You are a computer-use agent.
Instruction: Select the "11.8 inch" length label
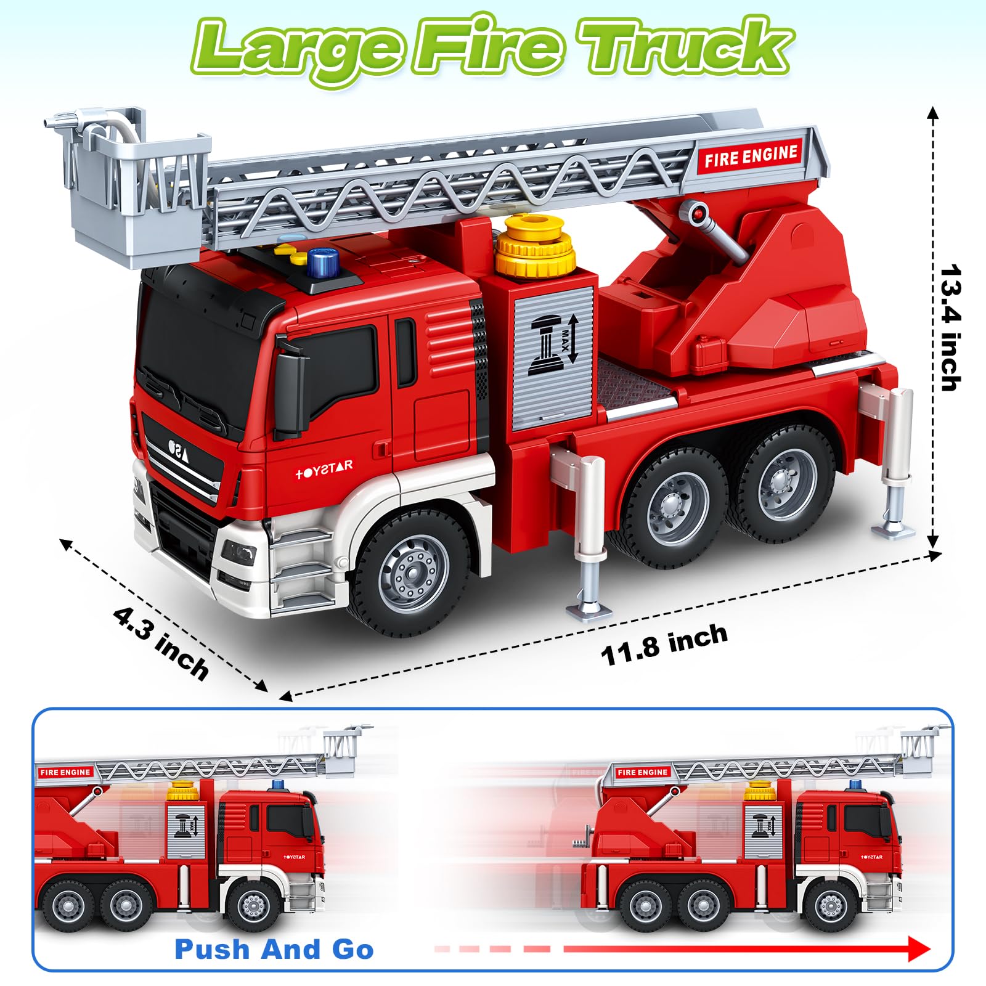pos(664,644)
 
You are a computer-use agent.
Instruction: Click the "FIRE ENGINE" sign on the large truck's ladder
pos(751,156)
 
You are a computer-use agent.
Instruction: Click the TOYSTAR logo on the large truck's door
pos(324,470)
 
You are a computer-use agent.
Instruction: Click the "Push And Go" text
pos(274,950)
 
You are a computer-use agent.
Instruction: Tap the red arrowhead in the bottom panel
pos(919,949)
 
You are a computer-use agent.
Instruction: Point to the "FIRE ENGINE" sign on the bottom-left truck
pos(65,772)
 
